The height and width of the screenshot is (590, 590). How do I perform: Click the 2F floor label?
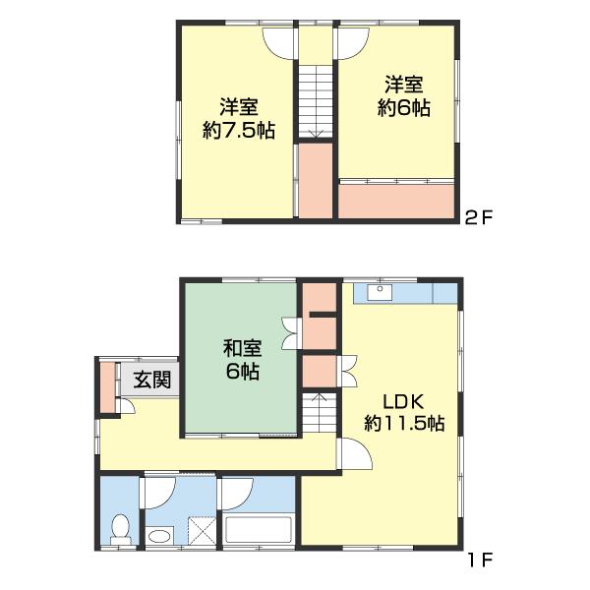tap(478, 217)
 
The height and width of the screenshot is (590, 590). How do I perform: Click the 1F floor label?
tap(480, 560)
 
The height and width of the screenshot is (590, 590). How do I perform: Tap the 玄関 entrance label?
tap(152, 380)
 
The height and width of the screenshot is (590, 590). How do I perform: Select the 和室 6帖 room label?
tap(242, 360)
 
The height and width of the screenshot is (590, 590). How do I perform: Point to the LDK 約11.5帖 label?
tap(404, 412)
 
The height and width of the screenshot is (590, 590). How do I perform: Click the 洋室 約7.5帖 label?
tap(239, 119)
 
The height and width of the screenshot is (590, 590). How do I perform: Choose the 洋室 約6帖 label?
tap(404, 96)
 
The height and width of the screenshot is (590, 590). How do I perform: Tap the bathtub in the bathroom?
tap(258, 529)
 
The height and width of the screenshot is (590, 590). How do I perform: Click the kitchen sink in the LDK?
tap(380, 292)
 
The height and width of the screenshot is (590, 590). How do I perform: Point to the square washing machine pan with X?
tap(202, 531)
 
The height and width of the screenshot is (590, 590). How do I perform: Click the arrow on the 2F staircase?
tap(316, 134)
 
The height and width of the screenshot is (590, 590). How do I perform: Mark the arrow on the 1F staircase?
tap(319, 397)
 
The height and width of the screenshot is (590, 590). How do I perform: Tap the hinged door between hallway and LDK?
tap(355, 453)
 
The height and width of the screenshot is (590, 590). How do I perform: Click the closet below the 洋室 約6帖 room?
tap(396, 202)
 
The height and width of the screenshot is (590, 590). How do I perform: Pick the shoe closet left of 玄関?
tap(108, 387)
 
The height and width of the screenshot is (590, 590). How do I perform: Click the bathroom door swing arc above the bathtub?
tap(238, 494)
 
